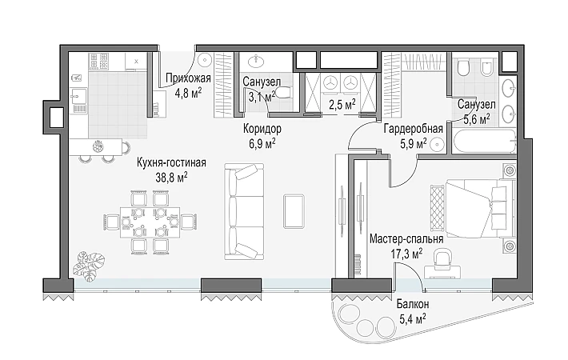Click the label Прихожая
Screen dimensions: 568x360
pos(188,78)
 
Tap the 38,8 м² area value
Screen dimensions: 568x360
pos(171,177)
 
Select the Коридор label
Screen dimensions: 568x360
pos(262,129)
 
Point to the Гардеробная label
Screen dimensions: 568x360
pos(414,129)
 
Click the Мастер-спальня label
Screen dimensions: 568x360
pos(406,239)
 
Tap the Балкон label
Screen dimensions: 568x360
pos(413,304)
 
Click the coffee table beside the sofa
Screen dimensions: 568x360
pos(294,211)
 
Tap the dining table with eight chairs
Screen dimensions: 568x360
pos(150,222)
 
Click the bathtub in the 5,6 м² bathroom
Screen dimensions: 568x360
pos(484,142)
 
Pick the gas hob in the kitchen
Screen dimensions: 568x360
pos(99,62)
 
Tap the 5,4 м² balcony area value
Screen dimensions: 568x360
pos(413,319)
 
